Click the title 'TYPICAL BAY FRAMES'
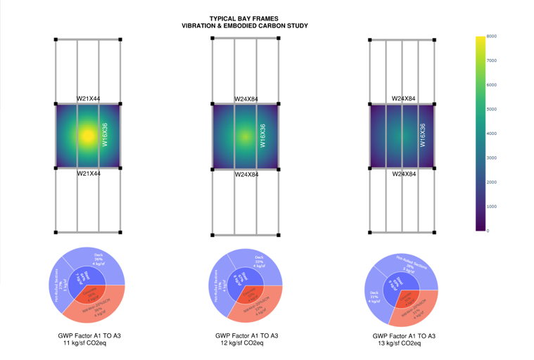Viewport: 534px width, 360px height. coord(244,19)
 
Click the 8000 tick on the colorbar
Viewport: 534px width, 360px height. coord(492,36)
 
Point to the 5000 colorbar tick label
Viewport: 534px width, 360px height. coord(492,109)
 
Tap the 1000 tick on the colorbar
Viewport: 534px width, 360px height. coord(492,207)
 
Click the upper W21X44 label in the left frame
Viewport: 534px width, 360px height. coord(88,99)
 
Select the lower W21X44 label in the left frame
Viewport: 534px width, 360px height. coord(88,174)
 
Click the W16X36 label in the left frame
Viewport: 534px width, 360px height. coord(105,134)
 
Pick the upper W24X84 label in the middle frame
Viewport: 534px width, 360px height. coord(246,99)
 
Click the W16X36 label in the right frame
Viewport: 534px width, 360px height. coord(423,135)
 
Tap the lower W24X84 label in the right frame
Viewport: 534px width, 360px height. coord(403,174)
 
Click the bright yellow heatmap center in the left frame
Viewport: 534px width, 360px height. coord(87,134)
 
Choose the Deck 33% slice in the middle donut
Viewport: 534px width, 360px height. coord(259,262)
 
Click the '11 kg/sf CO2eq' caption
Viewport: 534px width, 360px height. coord(85,342)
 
